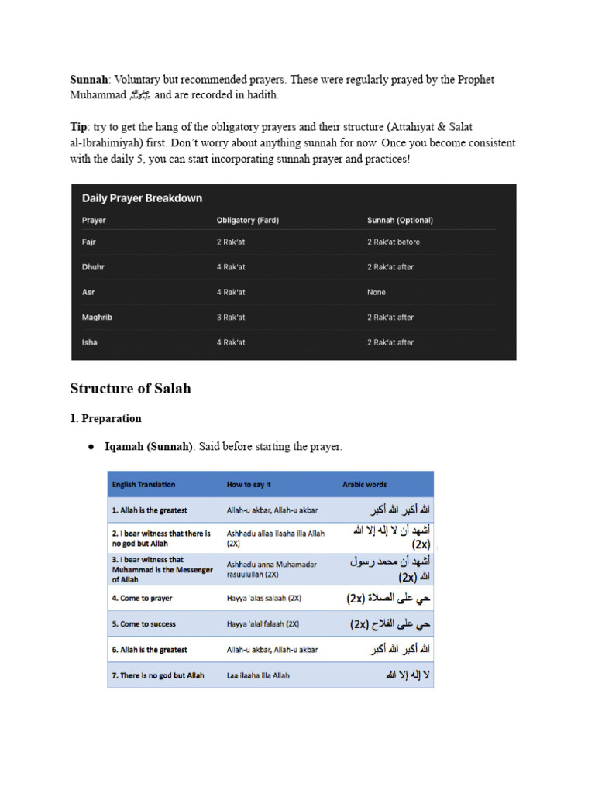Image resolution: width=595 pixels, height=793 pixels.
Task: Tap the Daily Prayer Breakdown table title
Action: [x=142, y=198]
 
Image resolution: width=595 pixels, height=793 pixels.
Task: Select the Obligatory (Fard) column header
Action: [x=247, y=221]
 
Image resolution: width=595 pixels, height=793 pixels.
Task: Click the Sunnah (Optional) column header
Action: [x=400, y=221]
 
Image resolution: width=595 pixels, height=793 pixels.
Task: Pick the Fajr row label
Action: [x=90, y=242]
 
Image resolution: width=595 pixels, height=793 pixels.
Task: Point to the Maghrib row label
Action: [x=97, y=318]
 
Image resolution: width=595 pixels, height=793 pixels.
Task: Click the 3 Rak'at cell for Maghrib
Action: [x=231, y=318]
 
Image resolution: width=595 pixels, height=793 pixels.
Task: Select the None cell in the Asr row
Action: [x=376, y=293]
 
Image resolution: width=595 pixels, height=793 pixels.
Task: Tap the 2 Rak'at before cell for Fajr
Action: [x=393, y=242]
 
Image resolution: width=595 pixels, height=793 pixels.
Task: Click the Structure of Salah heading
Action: [x=130, y=389]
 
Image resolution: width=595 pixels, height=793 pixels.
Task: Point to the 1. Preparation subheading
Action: [x=105, y=419]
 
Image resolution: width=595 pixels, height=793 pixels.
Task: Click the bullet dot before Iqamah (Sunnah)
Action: [x=91, y=448]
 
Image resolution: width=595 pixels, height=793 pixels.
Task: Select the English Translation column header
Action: [x=143, y=485]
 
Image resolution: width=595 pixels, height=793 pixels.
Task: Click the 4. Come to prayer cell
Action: [x=142, y=599]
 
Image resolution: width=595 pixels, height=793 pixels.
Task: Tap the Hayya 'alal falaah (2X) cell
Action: [x=263, y=624]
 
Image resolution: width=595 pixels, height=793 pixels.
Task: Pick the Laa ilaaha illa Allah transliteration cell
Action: [x=258, y=675]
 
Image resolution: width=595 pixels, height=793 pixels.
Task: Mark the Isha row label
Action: [x=90, y=342]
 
